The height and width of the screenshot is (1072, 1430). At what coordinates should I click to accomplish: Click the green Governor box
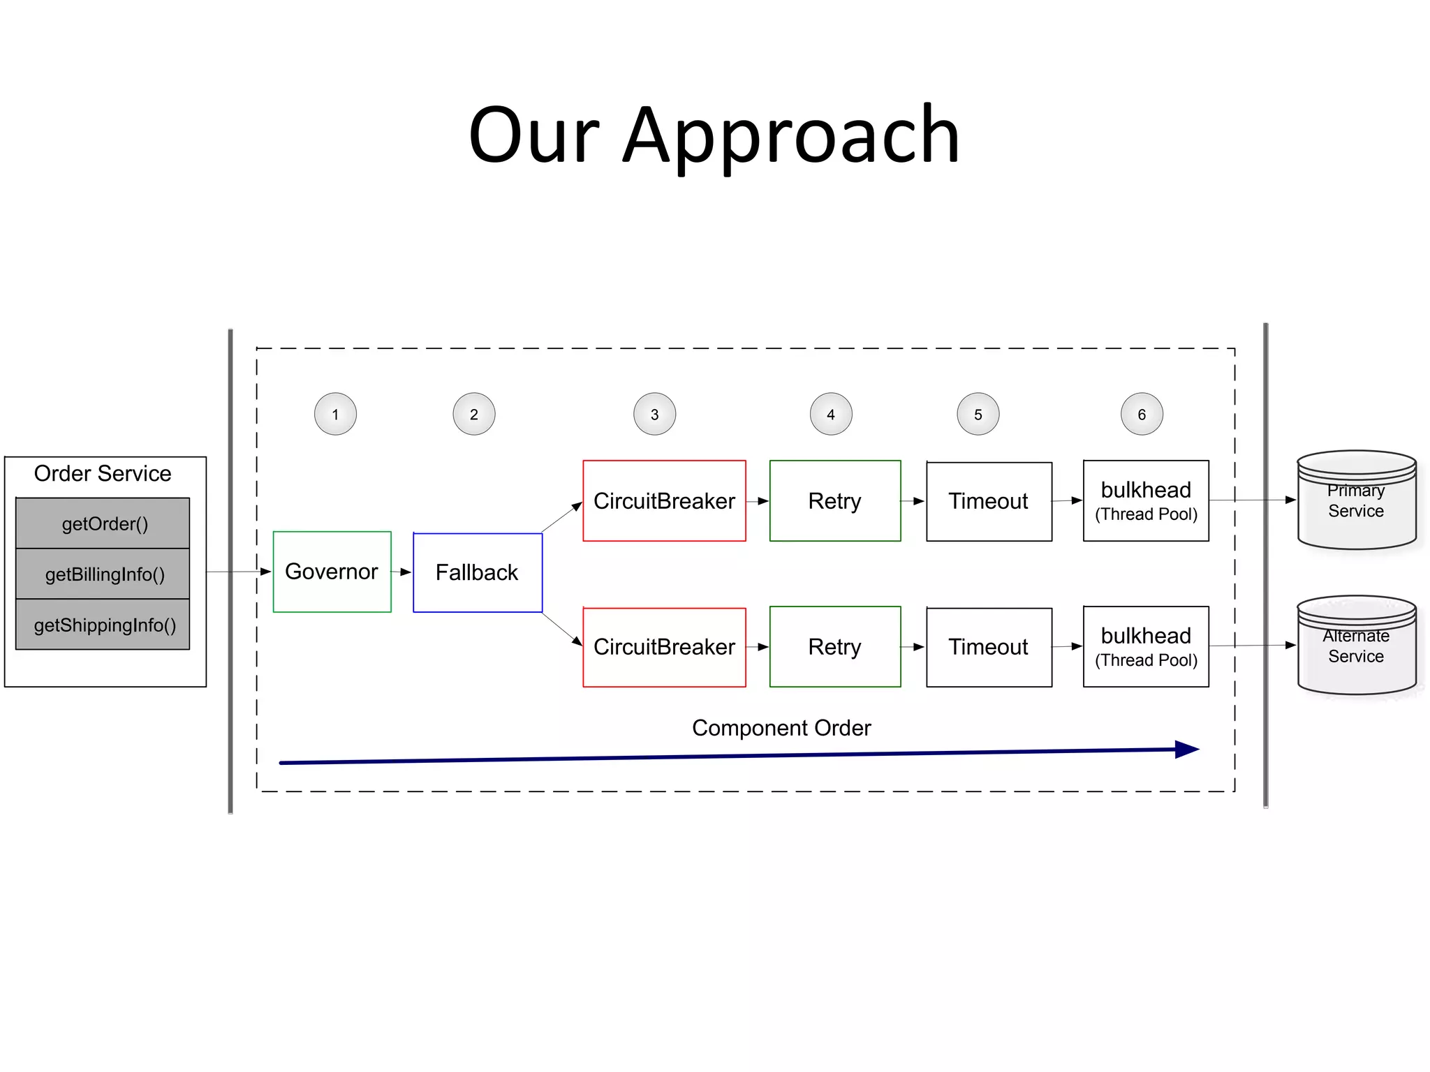(x=332, y=572)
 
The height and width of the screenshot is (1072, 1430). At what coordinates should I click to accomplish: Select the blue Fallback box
(x=477, y=572)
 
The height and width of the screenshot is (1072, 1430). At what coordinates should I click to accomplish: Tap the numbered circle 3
(x=654, y=414)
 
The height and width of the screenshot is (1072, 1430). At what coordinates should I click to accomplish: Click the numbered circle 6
(x=1142, y=414)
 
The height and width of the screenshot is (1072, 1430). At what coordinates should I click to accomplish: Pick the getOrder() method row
(x=103, y=523)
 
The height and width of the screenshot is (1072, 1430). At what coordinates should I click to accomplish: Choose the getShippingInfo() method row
(x=103, y=625)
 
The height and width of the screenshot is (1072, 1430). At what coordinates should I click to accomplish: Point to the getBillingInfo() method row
(x=103, y=574)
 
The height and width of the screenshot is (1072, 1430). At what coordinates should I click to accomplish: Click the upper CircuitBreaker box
(x=664, y=500)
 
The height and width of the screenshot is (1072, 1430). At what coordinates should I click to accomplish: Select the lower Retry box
(x=834, y=646)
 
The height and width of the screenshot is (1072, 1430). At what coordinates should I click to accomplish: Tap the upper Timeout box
(x=989, y=500)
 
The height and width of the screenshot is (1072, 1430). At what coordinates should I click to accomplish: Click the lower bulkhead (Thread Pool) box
(x=1146, y=646)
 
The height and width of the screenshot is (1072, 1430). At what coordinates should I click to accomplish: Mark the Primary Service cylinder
(x=1356, y=500)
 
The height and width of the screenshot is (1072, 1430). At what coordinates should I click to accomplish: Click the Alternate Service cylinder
(x=1356, y=646)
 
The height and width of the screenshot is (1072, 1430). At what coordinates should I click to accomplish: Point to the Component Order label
(x=781, y=728)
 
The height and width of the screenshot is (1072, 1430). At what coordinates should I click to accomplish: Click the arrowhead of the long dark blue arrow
(x=1186, y=750)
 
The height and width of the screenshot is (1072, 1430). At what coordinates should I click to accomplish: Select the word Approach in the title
(x=791, y=134)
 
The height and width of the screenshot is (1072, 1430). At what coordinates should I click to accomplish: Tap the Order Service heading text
(x=103, y=473)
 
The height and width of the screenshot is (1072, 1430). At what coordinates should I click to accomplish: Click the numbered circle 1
(x=335, y=414)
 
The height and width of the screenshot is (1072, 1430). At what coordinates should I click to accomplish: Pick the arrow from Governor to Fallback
(x=401, y=572)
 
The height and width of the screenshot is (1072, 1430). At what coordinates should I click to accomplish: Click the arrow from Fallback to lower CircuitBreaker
(x=563, y=629)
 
